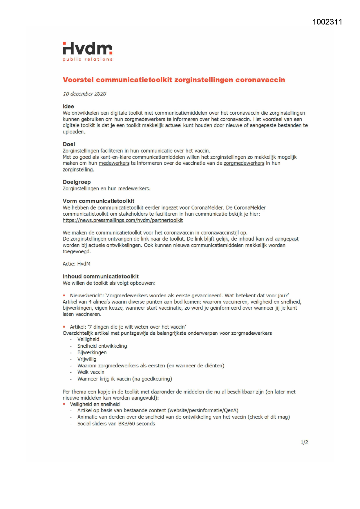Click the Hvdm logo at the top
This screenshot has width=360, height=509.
[87, 51]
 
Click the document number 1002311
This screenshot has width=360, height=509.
[327, 22]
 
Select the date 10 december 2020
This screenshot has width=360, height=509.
[84, 94]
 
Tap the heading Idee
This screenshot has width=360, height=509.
[68, 107]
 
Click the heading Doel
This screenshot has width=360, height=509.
[69, 144]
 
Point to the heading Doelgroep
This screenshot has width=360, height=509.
[77, 182]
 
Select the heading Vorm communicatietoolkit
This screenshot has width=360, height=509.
[99, 201]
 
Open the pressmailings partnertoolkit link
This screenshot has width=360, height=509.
[123, 220]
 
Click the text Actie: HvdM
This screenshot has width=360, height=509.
[77, 264]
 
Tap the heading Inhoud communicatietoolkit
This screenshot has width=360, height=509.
[101, 277]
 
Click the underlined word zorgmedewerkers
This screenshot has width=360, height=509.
[244, 163]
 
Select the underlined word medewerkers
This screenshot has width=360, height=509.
[114, 163]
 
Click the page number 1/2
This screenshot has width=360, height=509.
[304, 442]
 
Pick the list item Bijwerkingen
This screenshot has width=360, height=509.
[92, 353]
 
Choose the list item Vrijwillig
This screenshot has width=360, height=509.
[87, 359]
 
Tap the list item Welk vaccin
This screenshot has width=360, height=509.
[91, 372]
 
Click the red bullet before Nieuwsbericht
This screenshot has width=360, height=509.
[64, 295]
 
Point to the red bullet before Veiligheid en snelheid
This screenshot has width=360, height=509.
[64, 404]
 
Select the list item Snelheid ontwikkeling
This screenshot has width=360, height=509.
[102, 346]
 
